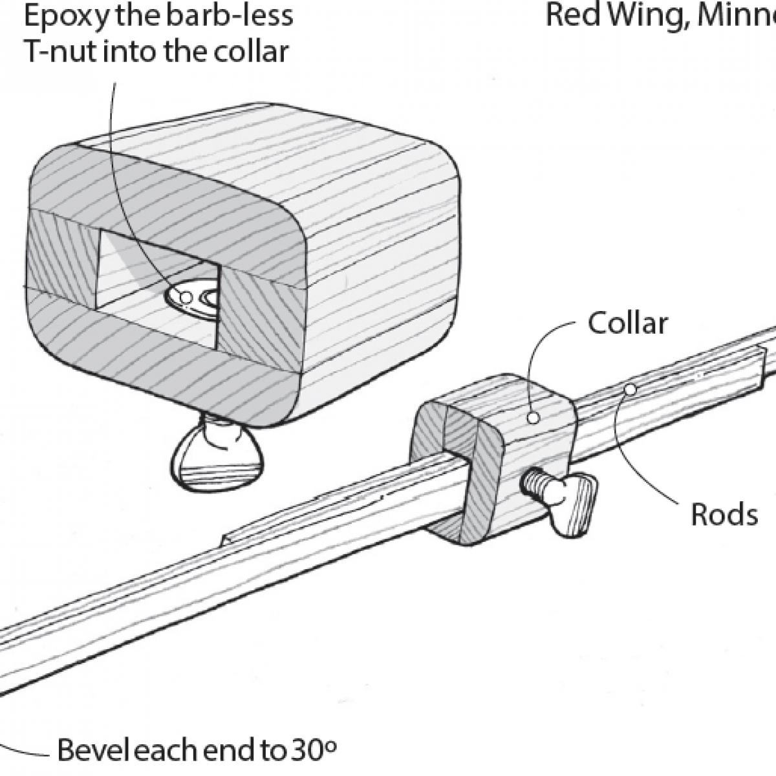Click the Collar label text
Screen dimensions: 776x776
pyautogui.click(x=627, y=323)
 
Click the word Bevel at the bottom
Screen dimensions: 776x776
pyautogui.click(x=94, y=751)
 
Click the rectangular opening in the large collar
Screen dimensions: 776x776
pyautogui.click(x=158, y=272)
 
